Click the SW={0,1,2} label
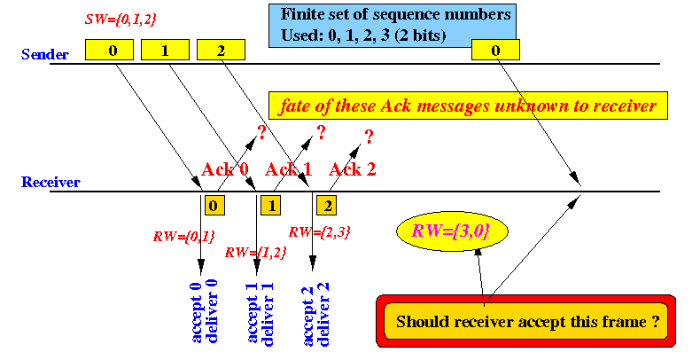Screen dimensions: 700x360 (x=121, y=20)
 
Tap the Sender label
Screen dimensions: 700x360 (x=45, y=54)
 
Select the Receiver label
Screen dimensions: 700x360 (x=51, y=182)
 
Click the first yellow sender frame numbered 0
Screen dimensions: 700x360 (x=109, y=50)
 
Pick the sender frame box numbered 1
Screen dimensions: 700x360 (x=165, y=50)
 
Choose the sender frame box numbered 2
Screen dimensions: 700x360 (x=221, y=50)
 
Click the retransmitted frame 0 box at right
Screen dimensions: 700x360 (x=495, y=50)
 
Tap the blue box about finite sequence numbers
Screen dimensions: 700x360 (x=393, y=26)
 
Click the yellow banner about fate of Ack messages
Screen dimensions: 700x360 (x=468, y=106)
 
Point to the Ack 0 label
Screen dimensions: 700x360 (x=225, y=169)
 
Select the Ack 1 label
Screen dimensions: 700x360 (x=288, y=169)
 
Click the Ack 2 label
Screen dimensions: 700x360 (x=353, y=169)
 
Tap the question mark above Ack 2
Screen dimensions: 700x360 (x=369, y=137)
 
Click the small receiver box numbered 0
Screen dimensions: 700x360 (x=214, y=206)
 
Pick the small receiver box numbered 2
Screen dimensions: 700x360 (x=326, y=206)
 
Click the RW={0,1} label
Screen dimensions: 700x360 (x=184, y=236)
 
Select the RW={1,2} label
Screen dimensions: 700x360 (x=255, y=253)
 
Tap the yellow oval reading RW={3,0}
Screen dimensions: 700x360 (x=452, y=231)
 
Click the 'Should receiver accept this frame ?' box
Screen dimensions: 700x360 (x=526, y=321)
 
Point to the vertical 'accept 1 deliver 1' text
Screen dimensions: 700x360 (x=260, y=314)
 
